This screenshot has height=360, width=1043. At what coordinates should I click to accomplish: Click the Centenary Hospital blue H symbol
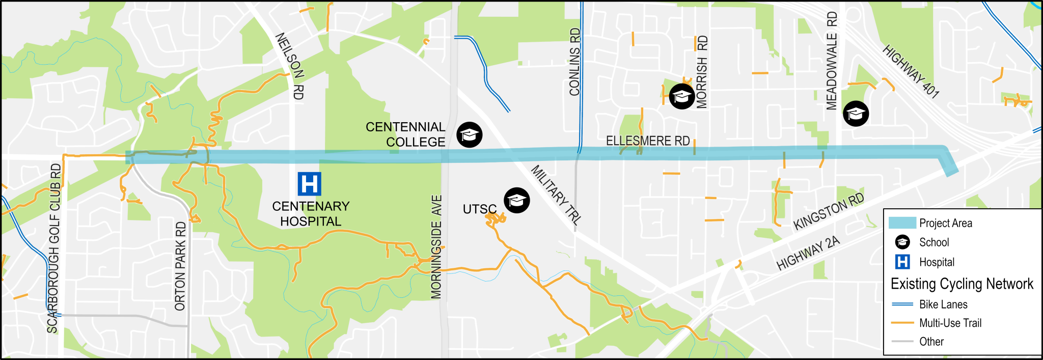(x=309, y=184)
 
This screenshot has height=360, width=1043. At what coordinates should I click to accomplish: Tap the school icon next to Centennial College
(x=469, y=135)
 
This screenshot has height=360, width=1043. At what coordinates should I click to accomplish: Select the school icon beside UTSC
(x=517, y=200)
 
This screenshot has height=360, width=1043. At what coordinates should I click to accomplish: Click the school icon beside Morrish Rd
(x=681, y=96)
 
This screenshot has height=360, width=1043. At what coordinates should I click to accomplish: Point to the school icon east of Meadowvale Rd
(x=856, y=114)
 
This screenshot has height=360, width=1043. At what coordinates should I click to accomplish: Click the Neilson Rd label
(x=290, y=66)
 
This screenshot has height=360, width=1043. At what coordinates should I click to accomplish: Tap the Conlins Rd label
(x=575, y=62)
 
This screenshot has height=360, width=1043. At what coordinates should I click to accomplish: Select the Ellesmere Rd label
(x=648, y=141)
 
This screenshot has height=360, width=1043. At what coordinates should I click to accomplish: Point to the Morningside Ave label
(x=437, y=247)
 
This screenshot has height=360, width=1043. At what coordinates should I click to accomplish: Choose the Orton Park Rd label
(x=181, y=266)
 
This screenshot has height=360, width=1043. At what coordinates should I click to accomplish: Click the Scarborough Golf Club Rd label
(x=53, y=248)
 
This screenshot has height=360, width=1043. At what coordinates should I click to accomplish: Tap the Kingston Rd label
(x=829, y=211)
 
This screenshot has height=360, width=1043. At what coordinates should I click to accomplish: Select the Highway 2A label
(x=808, y=253)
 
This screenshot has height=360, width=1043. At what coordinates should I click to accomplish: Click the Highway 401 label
(x=911, y=71)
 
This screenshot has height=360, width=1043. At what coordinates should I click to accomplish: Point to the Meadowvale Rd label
(x=832, y=61)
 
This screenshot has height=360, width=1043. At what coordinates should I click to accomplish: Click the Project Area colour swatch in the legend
(x=902, y=223)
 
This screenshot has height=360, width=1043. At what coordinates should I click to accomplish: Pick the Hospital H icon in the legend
(x=902, y=262)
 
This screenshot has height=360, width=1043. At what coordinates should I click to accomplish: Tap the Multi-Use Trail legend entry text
(x=950, y=323)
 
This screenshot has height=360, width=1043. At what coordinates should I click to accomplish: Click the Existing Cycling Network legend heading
(x=962, y=284)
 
